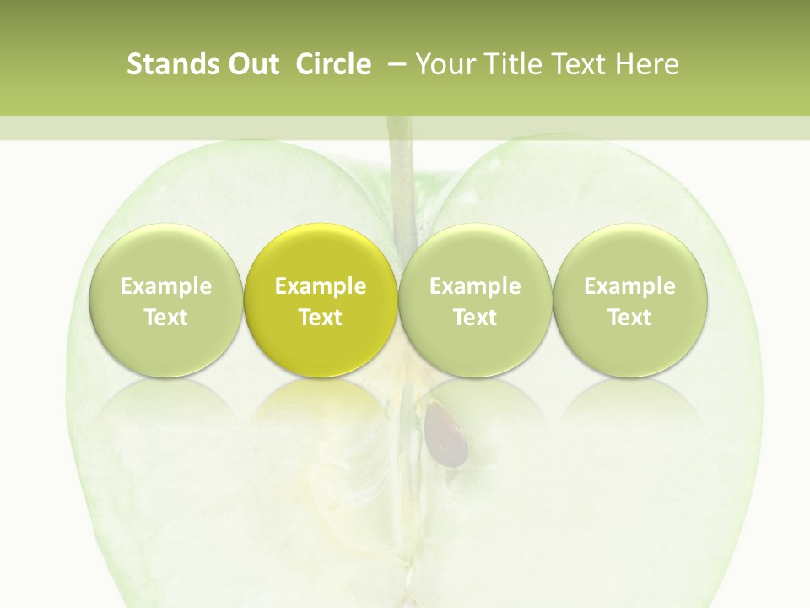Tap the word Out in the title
pyautogui.click(x=251, y=64)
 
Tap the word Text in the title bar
pyautogui.click(x=575, y=64)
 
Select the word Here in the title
pyautogui.click(x=647, y=64)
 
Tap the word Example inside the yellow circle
pyautogui.click(x=321, y=286)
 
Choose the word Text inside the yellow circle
pyautogui.click(x=321, y=318)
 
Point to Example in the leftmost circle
pyautogui.click(x=165, y=286)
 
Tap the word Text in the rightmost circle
pyautogui.click(x=629, y=318)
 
